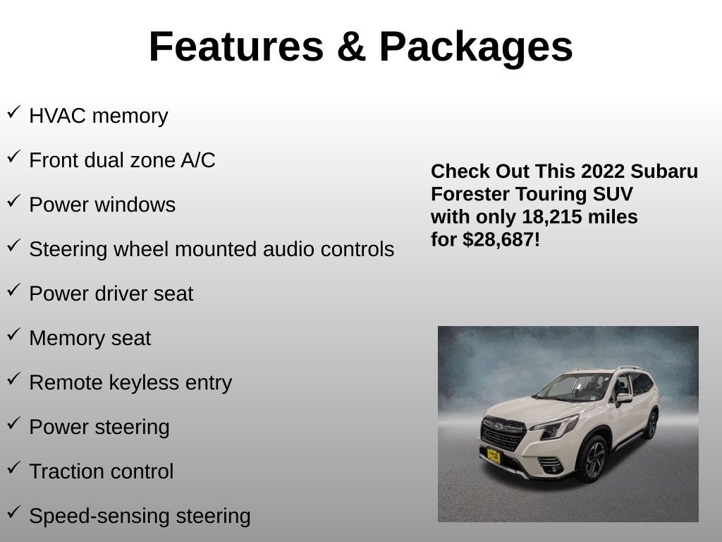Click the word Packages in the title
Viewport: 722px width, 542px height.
click(476, 47)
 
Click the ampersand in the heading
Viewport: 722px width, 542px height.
click(351, 46)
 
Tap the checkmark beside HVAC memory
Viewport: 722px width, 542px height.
click(14, 112)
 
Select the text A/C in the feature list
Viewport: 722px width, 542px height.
click(198, 160)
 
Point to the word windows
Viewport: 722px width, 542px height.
click(135, 205)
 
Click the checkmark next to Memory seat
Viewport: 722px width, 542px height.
click(14, 335)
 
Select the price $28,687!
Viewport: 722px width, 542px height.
click(501, 240)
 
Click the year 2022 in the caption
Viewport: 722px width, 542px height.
click(603, 171)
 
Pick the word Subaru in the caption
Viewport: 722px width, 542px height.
click(664, 171)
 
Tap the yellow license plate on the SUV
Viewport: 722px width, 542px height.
click(494, 456)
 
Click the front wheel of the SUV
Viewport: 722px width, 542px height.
click(594, 459)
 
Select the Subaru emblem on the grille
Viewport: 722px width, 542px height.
click(498, 427)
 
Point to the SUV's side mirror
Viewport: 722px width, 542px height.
click(624, 398)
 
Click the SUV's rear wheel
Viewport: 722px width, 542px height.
click(651, 424)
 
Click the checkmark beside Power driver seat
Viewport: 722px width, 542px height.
click(14, 290)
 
